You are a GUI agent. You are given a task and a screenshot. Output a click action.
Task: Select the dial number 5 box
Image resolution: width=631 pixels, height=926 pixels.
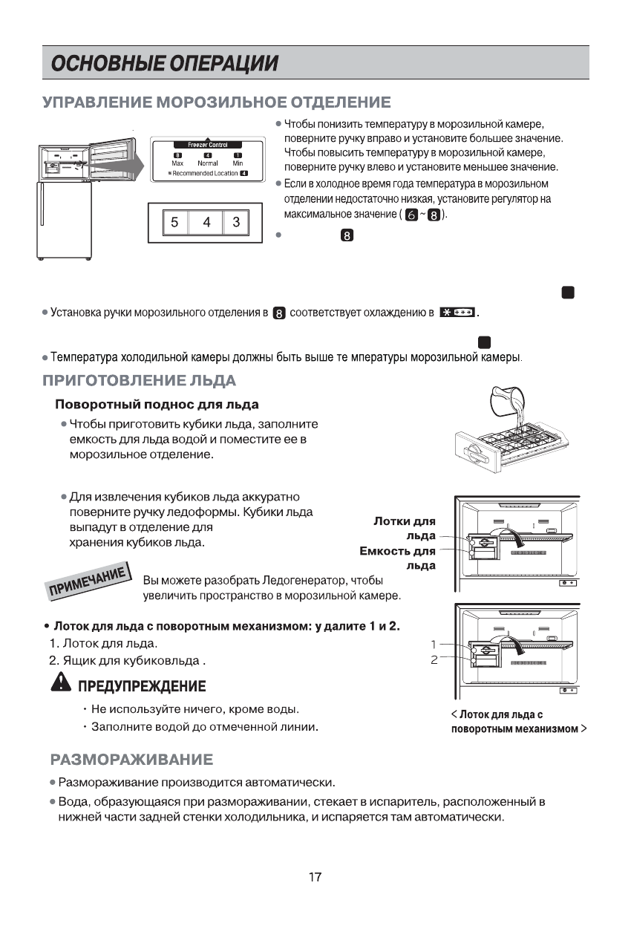pos(174,222)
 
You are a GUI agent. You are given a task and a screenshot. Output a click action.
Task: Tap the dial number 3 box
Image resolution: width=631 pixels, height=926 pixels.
pos(236,222)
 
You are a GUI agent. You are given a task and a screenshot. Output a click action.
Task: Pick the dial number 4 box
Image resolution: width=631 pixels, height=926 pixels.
pos(206,222)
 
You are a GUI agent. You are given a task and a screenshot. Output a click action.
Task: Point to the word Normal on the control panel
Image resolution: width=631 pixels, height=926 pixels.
pos(207,163)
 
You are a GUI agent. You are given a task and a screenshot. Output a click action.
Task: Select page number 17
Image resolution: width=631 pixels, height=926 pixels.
pos(315,878)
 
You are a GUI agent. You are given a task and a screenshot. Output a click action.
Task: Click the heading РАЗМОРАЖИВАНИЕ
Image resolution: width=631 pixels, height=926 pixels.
pos(131,760)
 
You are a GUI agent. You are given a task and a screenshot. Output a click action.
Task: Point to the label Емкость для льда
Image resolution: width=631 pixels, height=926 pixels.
pos(399,558)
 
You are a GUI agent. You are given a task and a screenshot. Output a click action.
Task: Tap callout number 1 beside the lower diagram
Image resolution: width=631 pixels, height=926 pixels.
pos(432,645)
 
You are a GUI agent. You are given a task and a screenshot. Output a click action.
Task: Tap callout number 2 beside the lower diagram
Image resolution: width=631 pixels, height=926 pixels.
pos(433,659)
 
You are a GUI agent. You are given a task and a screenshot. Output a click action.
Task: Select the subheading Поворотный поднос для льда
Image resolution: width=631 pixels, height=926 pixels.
pos(157,405)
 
